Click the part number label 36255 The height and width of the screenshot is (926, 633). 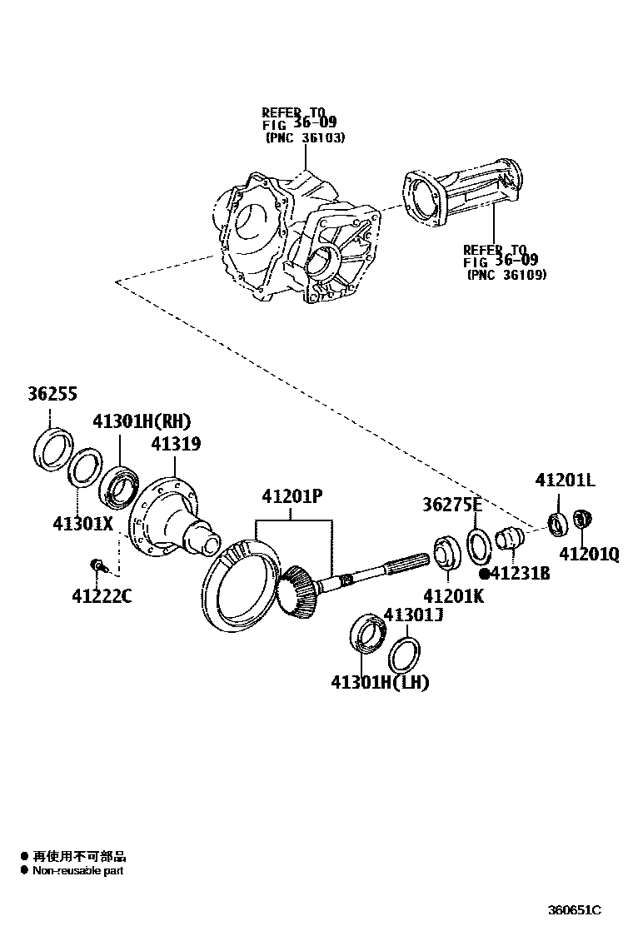pos(52,395)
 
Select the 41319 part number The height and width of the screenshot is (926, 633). pos(176,445)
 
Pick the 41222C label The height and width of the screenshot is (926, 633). pos(102,596)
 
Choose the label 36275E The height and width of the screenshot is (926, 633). pos(452,505)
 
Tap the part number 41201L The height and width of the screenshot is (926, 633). pos(566,480)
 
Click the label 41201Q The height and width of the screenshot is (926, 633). pos(589,554)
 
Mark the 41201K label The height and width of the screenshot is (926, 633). pos(454,596)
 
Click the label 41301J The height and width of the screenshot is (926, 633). pos(412,615)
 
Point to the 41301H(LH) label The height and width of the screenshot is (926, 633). pos(379,683)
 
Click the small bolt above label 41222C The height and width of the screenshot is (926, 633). pos(97,566)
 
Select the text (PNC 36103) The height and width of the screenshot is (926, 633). pos(305,137)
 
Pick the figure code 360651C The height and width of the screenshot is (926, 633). pos(574,909)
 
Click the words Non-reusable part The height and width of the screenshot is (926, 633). pos(77,871)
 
